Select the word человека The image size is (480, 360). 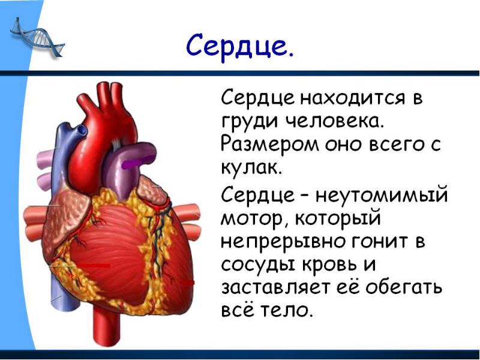coord(334,122)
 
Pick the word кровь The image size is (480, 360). coord(331,265)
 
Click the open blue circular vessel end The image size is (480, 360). coord(82,131)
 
